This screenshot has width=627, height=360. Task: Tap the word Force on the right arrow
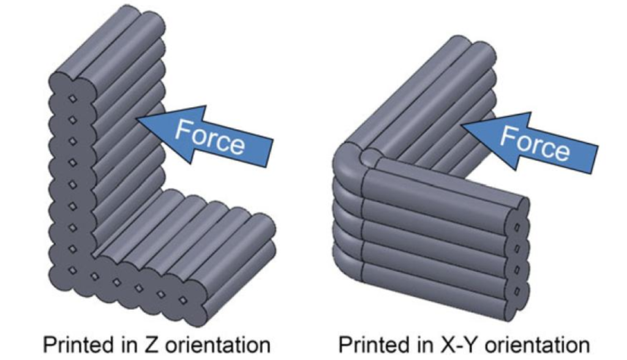[x=535, y=142]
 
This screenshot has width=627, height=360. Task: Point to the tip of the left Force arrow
[x=137, y=118]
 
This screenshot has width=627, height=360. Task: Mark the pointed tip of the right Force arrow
[x=462, y=125]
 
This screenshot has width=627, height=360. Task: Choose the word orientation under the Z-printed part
[x=217, y=345]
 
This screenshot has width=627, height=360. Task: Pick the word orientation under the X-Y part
[x=536, y=345]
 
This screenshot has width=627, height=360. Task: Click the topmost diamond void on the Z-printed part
[x=72, y=99]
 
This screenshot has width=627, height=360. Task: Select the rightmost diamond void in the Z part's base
[x=182, y=300]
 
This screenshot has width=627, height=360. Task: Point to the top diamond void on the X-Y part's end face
[x=517, y=228]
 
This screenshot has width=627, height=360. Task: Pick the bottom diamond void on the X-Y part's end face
[x=517, y=292]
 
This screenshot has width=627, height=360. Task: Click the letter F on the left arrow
[x=183, y=129]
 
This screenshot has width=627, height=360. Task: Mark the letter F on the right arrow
[x=508, y=134]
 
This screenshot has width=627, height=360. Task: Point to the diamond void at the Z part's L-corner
[x=72, y=271]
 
